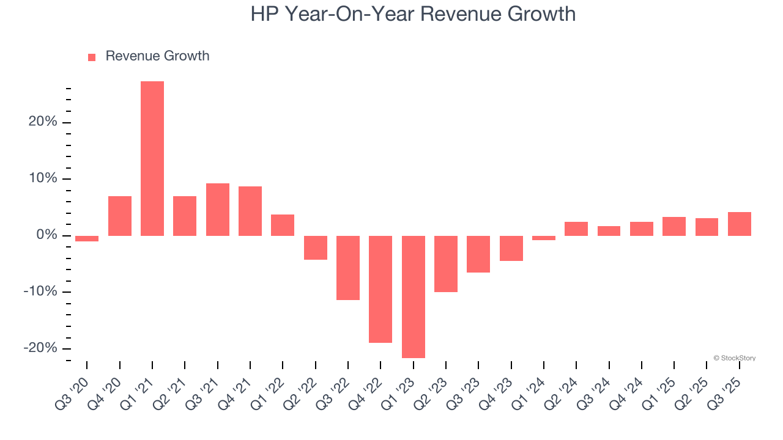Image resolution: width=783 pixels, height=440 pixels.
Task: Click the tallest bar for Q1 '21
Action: pyautogui.click(x=152, y=158)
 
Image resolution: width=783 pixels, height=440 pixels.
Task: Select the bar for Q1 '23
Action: pyautogui.click(x=414, y=296)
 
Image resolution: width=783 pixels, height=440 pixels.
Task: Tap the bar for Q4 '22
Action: pyautogui.click(x=380, y=289)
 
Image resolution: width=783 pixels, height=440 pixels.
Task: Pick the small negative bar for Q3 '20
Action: pyautogui.click(x=87, y=238)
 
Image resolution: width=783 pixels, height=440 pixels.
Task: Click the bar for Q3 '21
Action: pyautogui.click(x=218, y=210)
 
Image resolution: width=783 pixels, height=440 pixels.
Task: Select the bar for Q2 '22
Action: pyautogui.click(x=316, y=248)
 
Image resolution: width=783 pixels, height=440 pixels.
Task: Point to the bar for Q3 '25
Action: pyautogui.click(x=740, y=224)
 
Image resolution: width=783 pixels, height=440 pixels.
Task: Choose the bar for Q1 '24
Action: pyautogui.click(x=544, y=238)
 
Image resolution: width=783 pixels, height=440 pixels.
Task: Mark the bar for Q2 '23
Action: pyautogui.click(x=446, y=263)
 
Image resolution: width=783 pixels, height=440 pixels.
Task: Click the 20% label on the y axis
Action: pyautogui.click(x=43, y=122)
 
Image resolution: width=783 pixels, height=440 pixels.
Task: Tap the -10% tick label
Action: pyautogui.click(x=40, y=291)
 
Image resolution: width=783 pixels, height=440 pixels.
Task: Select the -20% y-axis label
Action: pyautogui.click(x=40, y=348)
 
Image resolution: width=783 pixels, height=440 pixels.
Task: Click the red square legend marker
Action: pyautogui.click(x=92, y=57)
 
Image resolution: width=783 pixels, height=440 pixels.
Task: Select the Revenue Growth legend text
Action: pyautogui.click(x=157, y=56)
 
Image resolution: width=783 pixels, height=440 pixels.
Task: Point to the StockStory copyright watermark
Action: pyautogui.click(x=734, y=358)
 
